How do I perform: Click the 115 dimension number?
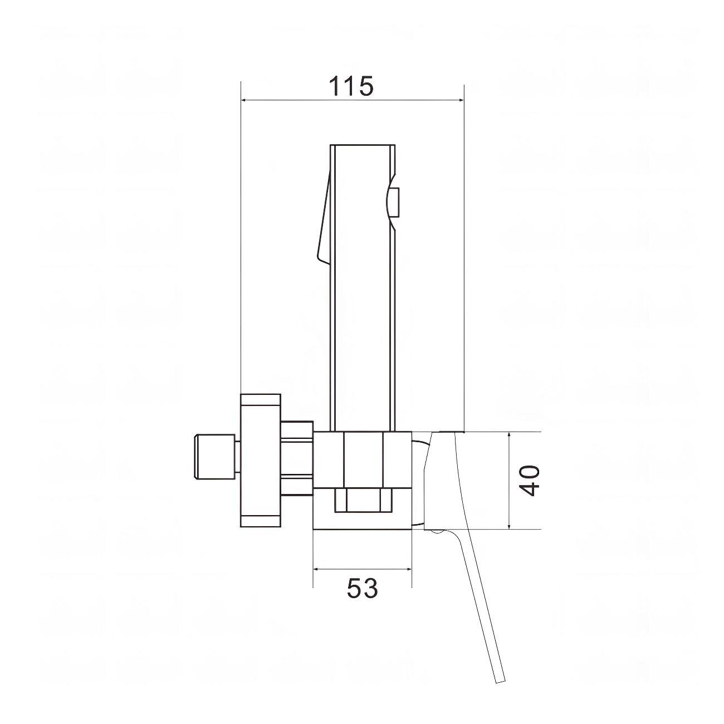[351, 86]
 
